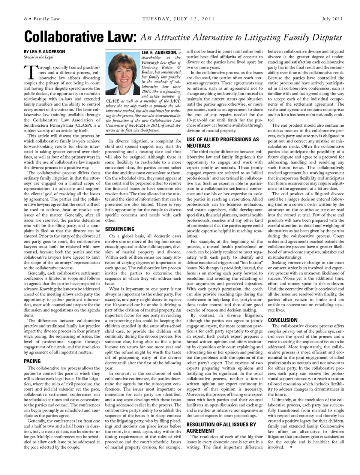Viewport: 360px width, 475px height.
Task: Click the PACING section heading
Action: pos(32,361)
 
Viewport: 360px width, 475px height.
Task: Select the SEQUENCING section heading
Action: pos(120,229)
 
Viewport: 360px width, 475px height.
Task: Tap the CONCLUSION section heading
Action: pos(282,320)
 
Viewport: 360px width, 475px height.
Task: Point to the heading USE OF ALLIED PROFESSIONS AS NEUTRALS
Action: pos(223,142)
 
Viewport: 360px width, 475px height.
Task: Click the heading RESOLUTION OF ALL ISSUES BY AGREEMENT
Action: pos(221,427)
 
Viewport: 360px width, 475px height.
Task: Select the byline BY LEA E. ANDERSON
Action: pos(44,52)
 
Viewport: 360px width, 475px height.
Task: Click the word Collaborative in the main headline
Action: pos(62,37)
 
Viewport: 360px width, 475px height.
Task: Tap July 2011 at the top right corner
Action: pos(332,19)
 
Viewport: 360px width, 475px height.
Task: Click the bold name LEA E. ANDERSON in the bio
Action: pos(159,52)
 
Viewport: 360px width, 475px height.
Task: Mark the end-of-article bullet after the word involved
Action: pos(291,447)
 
